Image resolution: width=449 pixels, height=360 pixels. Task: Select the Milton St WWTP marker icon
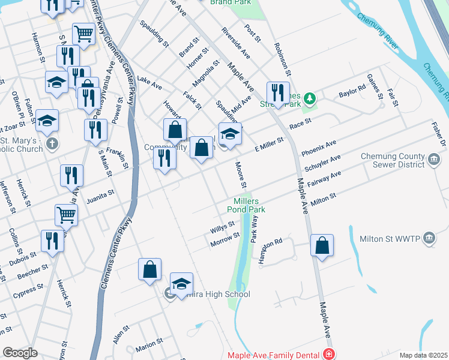pos(429,238)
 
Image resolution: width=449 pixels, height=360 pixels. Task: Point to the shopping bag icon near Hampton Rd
pos(322,245)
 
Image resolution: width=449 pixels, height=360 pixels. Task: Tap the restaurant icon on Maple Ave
pos(277,93)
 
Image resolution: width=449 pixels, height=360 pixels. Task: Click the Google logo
pos(20,353)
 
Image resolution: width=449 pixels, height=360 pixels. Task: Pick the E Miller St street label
pos(268,145)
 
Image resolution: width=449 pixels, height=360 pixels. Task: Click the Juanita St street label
pos(101,194)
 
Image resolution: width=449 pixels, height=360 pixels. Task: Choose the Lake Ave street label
pos(149,83)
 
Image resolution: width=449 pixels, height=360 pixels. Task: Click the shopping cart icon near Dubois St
pos(67,215)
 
